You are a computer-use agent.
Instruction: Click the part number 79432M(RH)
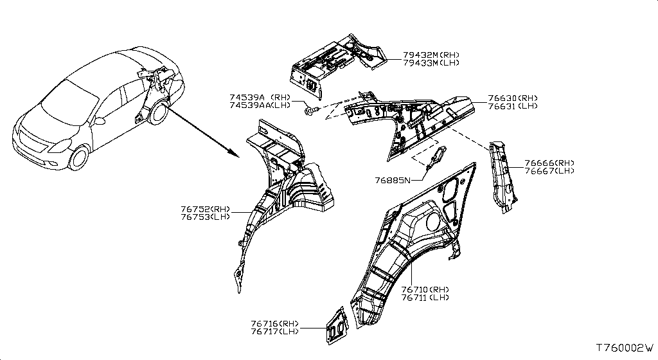pos(431,55)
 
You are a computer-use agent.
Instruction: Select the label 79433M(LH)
pos(431,63)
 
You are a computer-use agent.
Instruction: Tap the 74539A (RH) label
pos(260,97)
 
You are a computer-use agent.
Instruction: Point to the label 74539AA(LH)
pos(260,105)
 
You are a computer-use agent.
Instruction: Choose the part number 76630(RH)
pos(512,98)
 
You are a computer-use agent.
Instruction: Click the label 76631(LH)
pos(512,106)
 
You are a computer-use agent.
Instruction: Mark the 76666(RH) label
pos(549,163)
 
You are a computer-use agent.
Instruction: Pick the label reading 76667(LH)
pos(549,171)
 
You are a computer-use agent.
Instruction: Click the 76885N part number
pos(393,181)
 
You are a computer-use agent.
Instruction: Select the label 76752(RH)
pos(206,209)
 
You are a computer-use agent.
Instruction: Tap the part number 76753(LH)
pos(206,217)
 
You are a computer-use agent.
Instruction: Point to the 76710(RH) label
pos(425,289)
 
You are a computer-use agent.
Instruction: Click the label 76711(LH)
pos(425,298)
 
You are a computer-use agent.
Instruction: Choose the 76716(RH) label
pos(275,323)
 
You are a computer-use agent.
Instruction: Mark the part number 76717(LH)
pos(275,332)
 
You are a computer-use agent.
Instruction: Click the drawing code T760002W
pos(625,348)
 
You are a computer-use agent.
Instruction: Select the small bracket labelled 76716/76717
pos(337,325)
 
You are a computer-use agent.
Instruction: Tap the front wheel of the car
pos(79,157)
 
